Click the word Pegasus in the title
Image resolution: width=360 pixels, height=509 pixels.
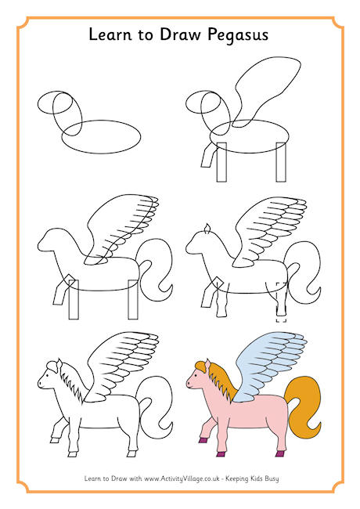pyautogui.click(x=238, y=35)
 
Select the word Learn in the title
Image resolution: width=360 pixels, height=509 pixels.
pyautogui.click(x=110, y=34)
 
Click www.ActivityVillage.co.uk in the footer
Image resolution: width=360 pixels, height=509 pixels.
pyautogui.click(x=182, y=478)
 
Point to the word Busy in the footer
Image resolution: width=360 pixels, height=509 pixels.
pyautogui.click(x=272, y=478)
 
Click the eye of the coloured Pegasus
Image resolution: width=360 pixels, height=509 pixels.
pyautogui.click(x=195, y=377)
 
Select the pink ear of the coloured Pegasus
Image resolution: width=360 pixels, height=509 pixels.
pyautogui.click(x=207, y=365)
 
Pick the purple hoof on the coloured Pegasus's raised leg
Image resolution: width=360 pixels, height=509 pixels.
pyautogui.click(x=203, y=440)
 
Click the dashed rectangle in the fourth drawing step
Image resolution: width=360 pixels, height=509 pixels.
pyautogui.click(x=281, y=302)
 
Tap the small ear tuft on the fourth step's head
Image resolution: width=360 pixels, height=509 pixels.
pyautogui.click(x=207, y=229)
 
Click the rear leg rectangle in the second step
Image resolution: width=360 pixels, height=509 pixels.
pyautogui.click(x=281, y=162)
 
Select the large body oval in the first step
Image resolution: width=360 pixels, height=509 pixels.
pyautogui.click(x=101, y=137)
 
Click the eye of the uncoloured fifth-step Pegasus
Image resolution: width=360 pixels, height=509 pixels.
pyautogui.click(x=46, y=376)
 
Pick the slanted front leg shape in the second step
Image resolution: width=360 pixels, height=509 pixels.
pyautogui.click(x=208, y=156)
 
